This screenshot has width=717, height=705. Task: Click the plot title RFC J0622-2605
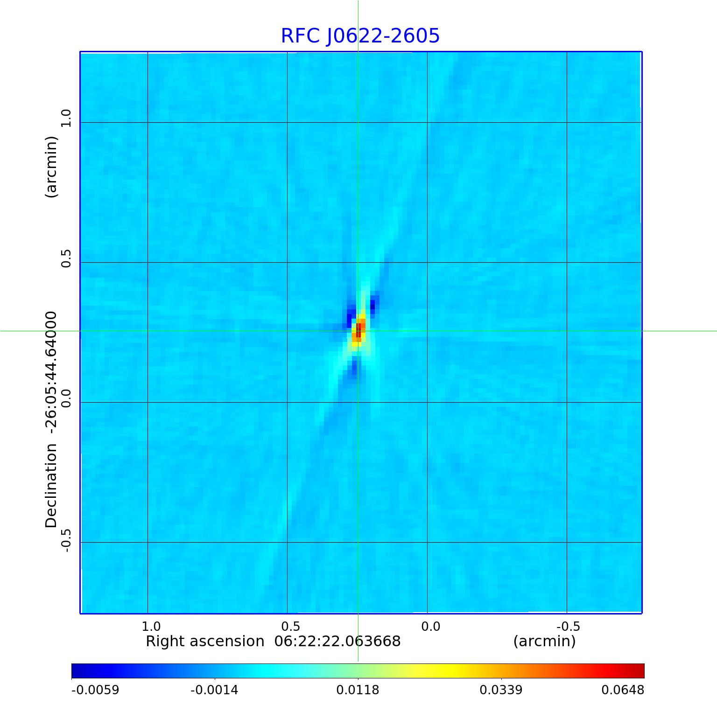pyautogui.click(x=360, y=36)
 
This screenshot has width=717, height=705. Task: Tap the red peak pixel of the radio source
pyautogui.click(x=358, y=331)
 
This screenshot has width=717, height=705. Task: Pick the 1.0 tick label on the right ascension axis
pyautogui.click(x=151, y=626)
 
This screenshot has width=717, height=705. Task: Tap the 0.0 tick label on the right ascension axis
pyautogui.click(x=430, y=626)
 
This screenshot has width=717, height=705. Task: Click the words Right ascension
pyautogui.click(x=205, y=642)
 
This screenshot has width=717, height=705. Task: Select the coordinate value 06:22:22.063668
pyautogui.click(x=337, y=642)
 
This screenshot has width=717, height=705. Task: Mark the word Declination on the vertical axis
pyautogui.click(x=51, y=486)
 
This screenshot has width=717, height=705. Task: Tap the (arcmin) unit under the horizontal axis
pyautogui.click(x=544, y=642)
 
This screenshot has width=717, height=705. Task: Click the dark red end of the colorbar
pyautogui.click(x=640, y=671)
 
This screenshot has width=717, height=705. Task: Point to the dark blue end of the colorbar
pyautogui.click(x=76, y=671)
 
